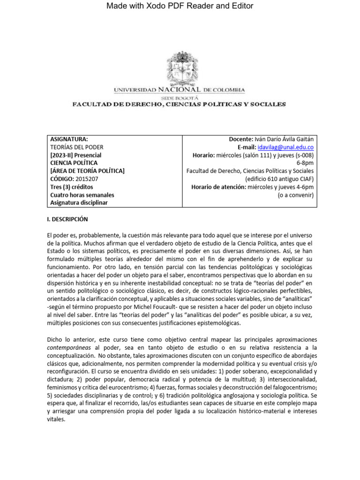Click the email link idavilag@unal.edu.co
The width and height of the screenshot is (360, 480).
coord(291,147)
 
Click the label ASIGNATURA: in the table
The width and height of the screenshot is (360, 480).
coord(69,139)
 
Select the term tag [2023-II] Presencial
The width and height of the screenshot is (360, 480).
coord(76,155)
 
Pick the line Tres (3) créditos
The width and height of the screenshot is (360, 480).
coord(74,187)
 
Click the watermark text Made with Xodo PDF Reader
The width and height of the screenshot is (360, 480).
coord(180,6)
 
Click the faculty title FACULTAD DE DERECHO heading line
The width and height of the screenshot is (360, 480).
coord(178,104)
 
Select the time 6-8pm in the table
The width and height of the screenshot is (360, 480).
coord(305,163)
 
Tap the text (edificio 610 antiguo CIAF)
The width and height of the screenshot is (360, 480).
coord(279,179)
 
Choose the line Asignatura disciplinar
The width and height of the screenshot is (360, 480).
coord(80,202)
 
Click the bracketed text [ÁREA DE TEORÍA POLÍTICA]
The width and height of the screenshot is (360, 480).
coord(87,171)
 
